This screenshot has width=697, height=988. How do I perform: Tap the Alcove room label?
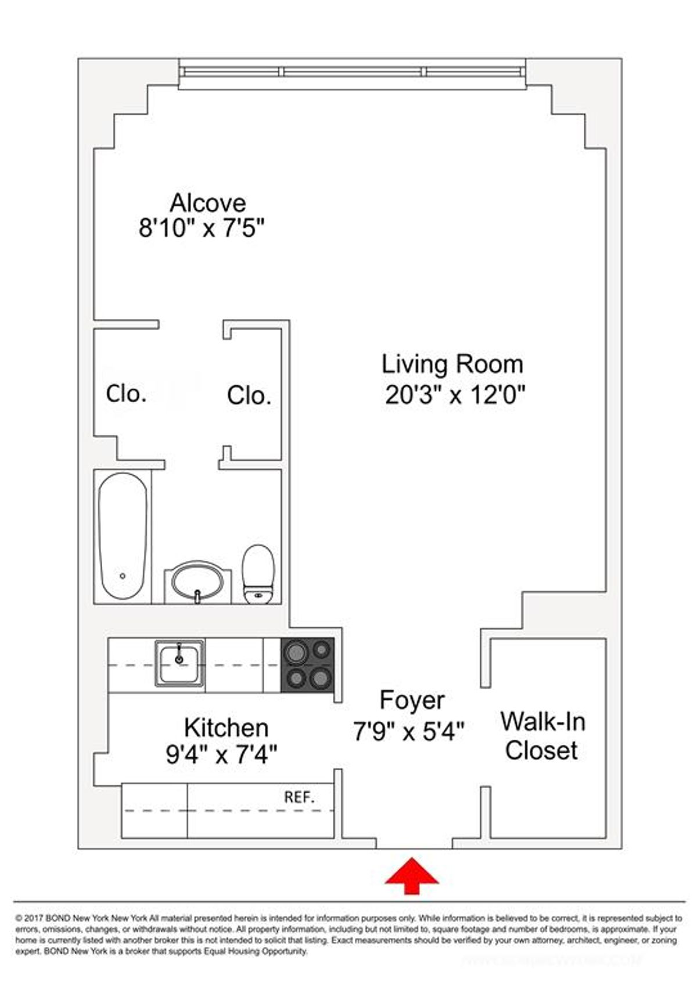click(x=207, y=203)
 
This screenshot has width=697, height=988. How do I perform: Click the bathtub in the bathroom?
click(x=122, y=538)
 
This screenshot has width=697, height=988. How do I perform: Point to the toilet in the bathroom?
click(x=258, y=572)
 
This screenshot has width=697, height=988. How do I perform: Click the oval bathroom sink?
click(x=197, y=580)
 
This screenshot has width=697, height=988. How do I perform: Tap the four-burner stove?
click(x=307, y=665)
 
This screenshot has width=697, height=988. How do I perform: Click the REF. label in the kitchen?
click(x=299, y=797)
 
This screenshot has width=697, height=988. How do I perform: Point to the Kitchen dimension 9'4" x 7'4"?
click(x=221, y=755)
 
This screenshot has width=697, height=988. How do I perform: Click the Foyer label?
click(x=412, y=700)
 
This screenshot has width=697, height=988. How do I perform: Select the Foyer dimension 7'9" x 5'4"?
click(x=409, y=731)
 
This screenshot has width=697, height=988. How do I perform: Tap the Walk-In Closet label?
click(x=542, y=736)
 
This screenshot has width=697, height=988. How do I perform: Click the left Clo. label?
click(x=125, y=394)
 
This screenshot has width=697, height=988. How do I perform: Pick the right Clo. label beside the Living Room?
click(x=249, y=396)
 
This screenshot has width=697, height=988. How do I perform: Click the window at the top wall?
click(x=352, y=72)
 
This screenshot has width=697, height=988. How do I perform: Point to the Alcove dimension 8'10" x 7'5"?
click(x=202, y=228)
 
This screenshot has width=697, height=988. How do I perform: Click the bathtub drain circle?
click(x=123, y=576)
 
